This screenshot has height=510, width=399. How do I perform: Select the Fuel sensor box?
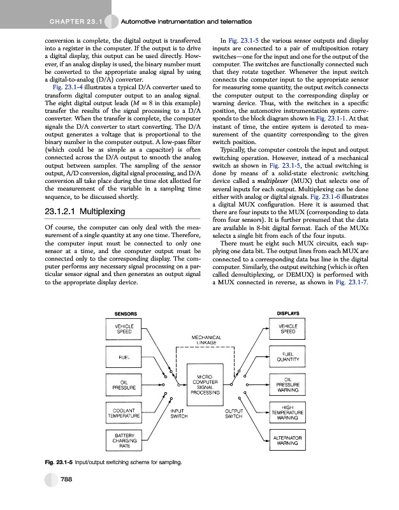click(124, 356)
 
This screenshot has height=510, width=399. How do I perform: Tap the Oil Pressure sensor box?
click(124, 384)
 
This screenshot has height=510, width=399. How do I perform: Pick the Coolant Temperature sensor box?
click(124, 413)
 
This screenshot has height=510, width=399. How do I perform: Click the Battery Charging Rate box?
click(124, 441)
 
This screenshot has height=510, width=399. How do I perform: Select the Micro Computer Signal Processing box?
click(205, 384)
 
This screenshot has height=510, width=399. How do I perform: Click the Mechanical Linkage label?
click(205, 340)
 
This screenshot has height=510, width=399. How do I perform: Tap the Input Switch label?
click(178, 414)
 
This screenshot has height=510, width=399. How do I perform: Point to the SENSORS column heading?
click(124, 313)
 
